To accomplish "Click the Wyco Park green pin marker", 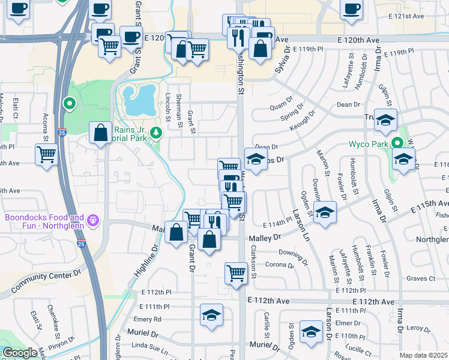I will (x=397, y=143).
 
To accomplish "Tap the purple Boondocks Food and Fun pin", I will (x=92, y=221).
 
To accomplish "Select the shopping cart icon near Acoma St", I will (x=46, y=154).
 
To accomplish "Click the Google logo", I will (x=19, y=353).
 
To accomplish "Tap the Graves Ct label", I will (x=420, y=278).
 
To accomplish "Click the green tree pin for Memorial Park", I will (x=156, y=132).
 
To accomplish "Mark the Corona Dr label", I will (x=278, y=264).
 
